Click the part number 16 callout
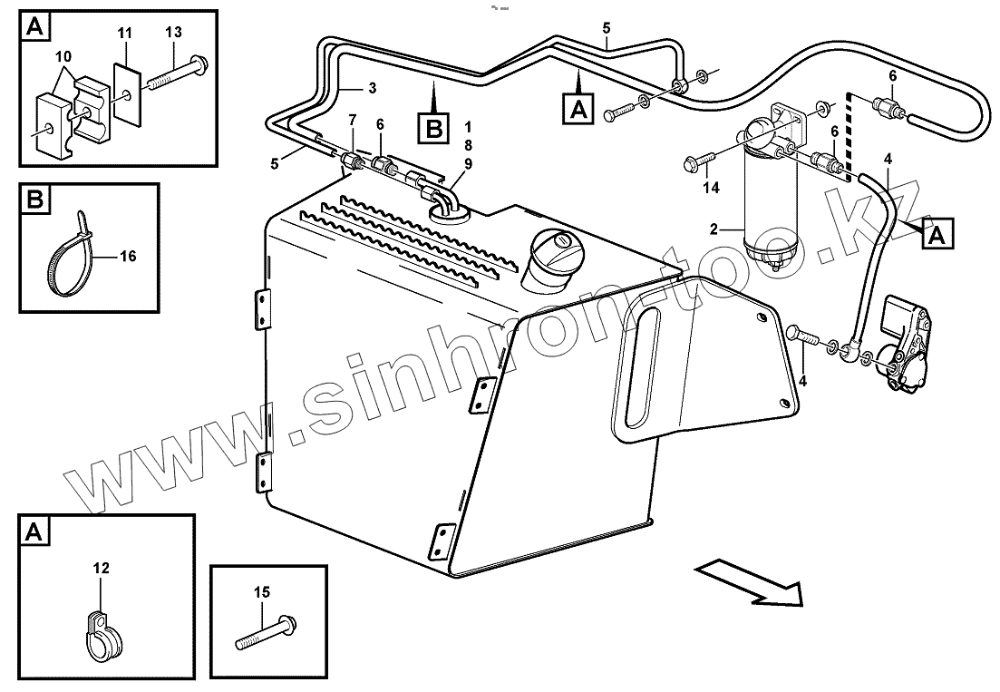(128, 257)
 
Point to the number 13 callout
(173, 33)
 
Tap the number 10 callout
(63, 57)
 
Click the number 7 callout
(354, 121)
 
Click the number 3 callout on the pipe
(372, 87)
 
